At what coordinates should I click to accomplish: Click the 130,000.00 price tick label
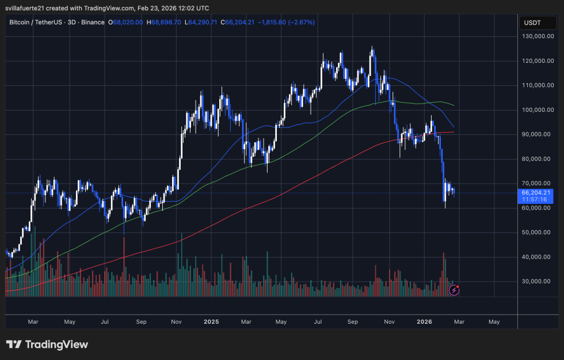(538, 36)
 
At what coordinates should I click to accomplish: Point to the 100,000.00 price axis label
(538, 110)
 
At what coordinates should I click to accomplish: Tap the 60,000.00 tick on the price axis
(538, 208)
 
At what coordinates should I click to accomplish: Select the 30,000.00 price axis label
(538, 282)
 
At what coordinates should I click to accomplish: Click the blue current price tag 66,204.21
(536, 192)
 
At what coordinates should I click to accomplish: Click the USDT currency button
(532, 22)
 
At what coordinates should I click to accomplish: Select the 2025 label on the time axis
(211, 321)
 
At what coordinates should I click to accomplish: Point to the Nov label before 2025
(177, 321)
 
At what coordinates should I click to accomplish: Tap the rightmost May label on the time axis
(494, 321)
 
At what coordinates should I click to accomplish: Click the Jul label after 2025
(317, 321)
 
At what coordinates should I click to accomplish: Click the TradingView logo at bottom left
(47, 344)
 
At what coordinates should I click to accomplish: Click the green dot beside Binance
(109, 22)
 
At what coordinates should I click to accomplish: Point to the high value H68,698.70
(164, 22)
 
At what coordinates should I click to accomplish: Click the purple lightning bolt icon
(454, 290)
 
